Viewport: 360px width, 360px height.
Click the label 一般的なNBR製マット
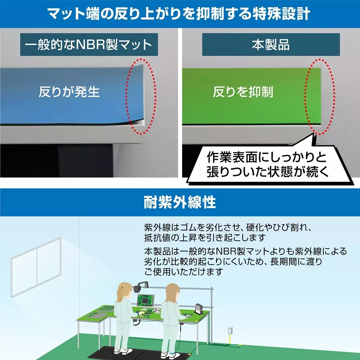click(x=89, y=45)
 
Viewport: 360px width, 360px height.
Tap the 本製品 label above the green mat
click(x=271, y=45)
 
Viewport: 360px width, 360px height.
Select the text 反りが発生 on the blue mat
click(x=69, y=92)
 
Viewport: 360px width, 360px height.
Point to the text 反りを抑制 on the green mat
click(x=243, y=92)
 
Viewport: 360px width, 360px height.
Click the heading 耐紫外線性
click(x=180, y=202)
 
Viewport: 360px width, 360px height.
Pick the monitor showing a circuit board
click(x=145, y=301)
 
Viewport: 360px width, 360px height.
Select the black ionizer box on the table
click(x=198, y=309)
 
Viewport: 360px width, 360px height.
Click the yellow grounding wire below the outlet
click(x=230, y=340)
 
